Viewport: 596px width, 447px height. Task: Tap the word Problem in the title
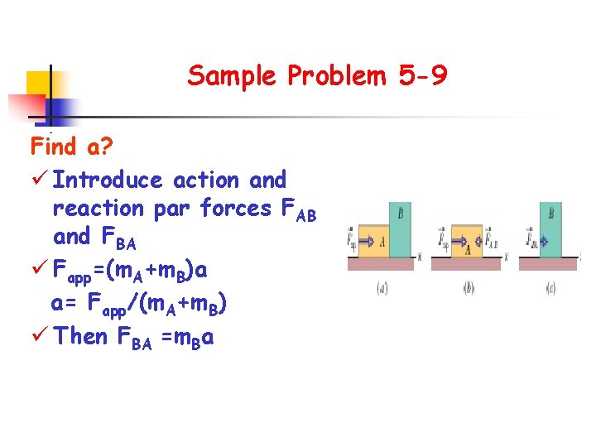coord(337,77)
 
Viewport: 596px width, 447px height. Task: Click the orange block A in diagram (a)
coord(374,241)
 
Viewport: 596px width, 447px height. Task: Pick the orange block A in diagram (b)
coord(469,242)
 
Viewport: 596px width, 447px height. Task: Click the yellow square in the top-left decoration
coord(38,84)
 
